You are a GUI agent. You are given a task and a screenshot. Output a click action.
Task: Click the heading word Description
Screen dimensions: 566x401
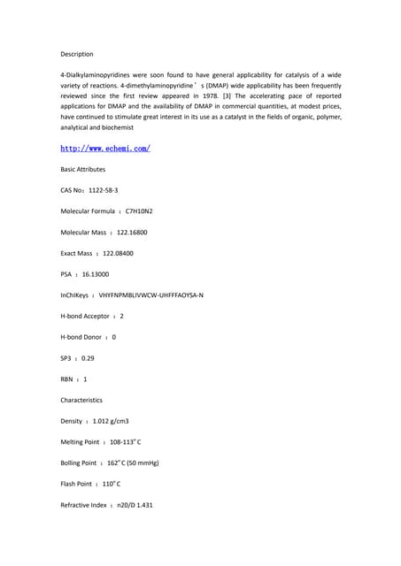77,55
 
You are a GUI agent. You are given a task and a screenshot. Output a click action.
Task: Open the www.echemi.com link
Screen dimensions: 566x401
105,148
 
